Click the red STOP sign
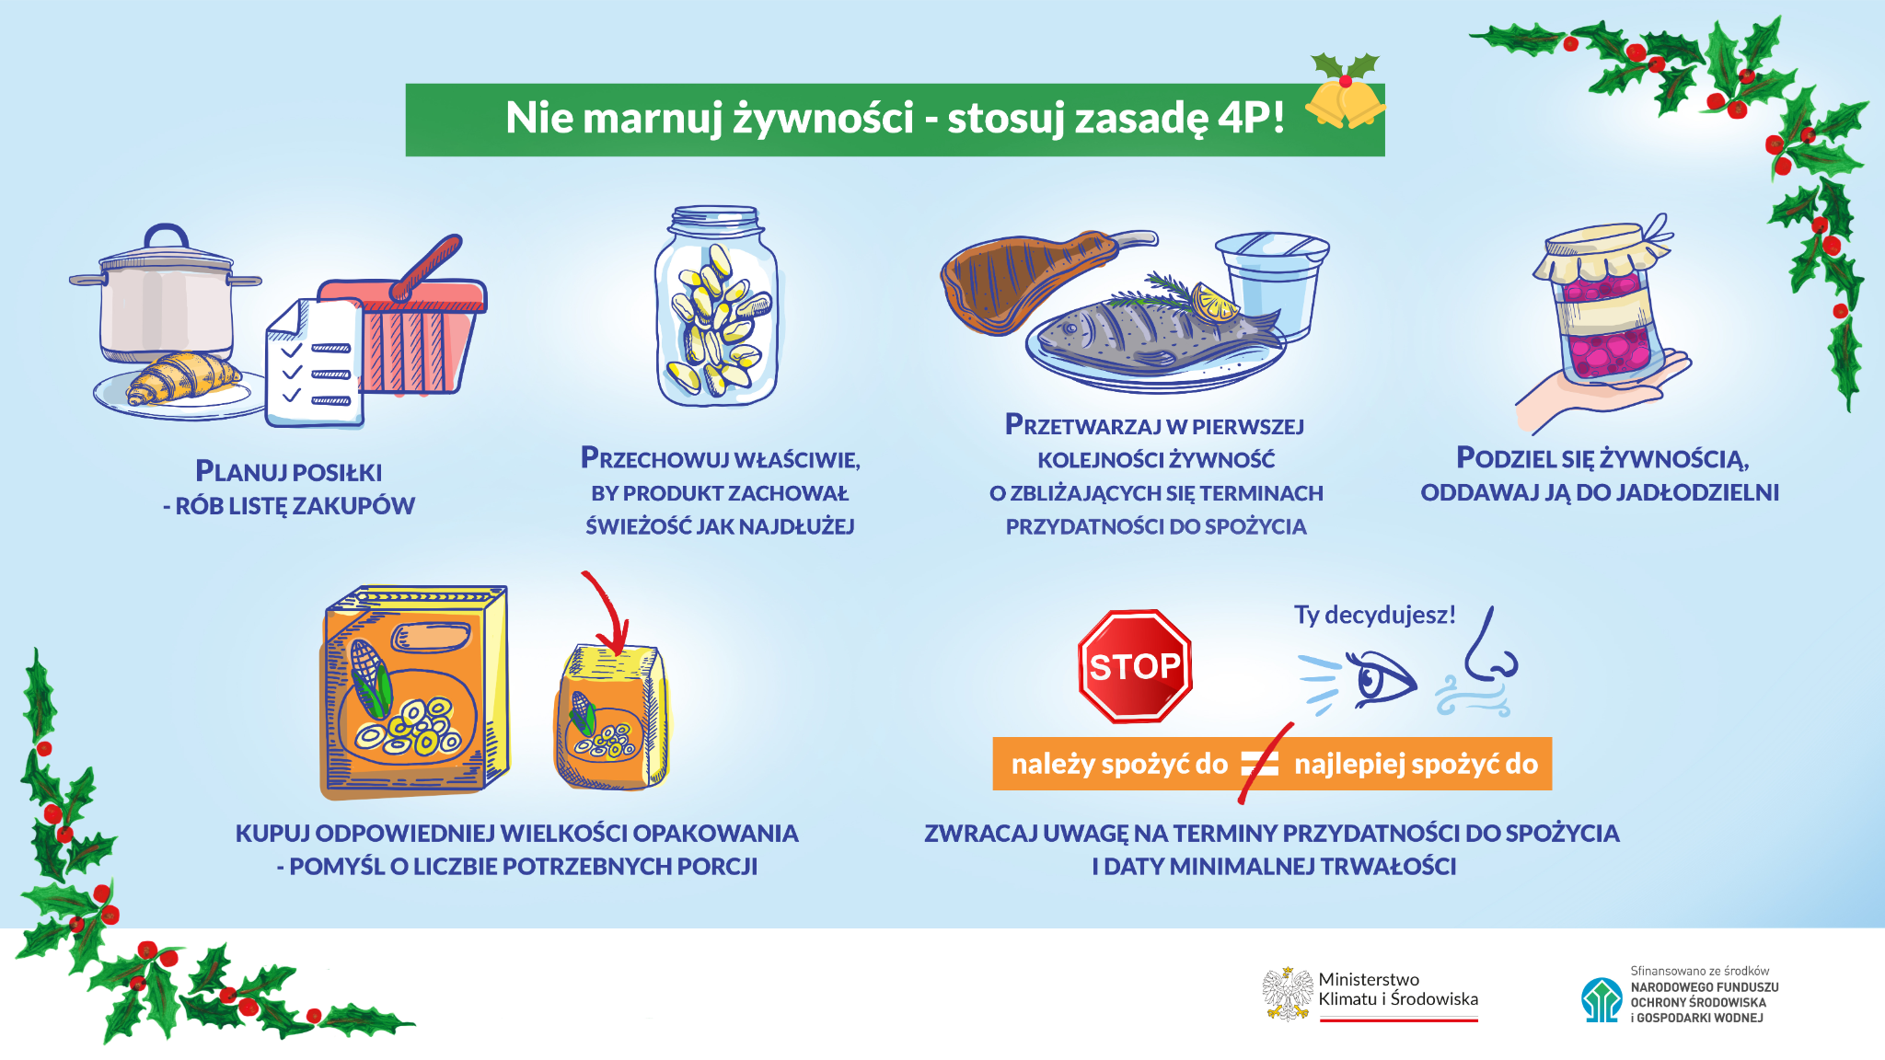point(1135,666)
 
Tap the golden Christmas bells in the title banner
point(1345,103)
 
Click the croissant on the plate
point(184,377)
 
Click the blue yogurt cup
point(1273,281)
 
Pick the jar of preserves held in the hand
point(1602,308)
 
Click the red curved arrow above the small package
point(607,612)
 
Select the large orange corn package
point(414,690)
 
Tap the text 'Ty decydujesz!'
point(1374,615)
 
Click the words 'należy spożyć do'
point(1118,764)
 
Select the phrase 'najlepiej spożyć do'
point(1416,764)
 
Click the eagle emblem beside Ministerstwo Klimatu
point(1287,994)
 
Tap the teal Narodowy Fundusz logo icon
point(1602,999)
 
